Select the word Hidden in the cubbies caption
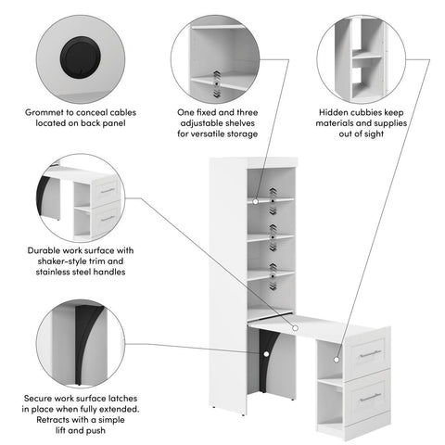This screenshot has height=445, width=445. pos(345,110)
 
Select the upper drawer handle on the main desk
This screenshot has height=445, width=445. pos(370,354)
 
